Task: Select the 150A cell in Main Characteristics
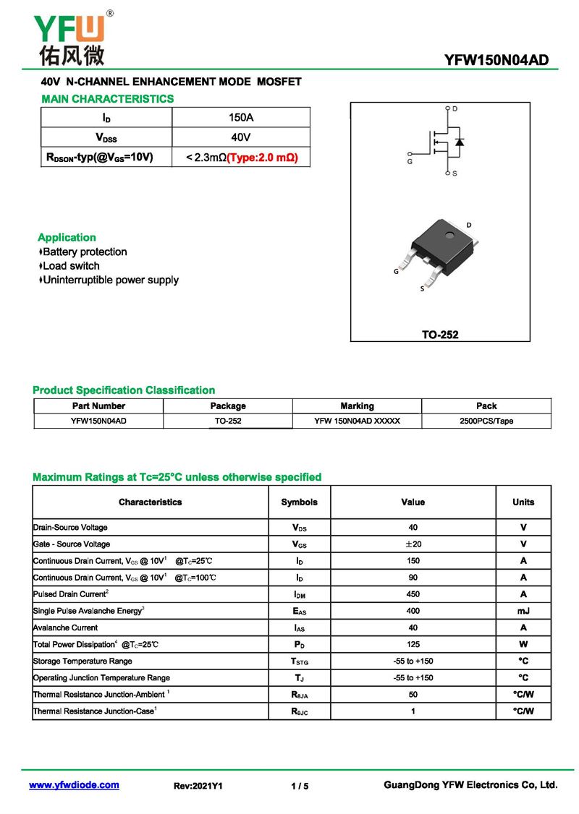click(x=240, y=117)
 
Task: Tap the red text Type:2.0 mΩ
click(x=263, y=157)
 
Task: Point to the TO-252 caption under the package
click(x=440, y=335)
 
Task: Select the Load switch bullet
click(x=70, y=266)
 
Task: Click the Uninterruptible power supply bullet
click(x=110, y=280)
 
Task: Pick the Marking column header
click(x=357, y=406)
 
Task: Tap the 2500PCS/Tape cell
click(x=486, y=421)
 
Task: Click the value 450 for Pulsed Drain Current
click(x=413, y=594)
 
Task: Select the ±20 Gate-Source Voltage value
click(x=413, y=544)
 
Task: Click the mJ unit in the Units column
click(x=523, y=611)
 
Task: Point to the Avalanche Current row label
click(x=65, y=627)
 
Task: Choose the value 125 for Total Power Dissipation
click(x=413, y=644)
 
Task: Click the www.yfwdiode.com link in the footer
click(x=74, y=785)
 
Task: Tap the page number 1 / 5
click(x=300, y=786)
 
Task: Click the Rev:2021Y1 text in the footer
click(x=198, y=786)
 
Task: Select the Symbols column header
click(x=299, y=502)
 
